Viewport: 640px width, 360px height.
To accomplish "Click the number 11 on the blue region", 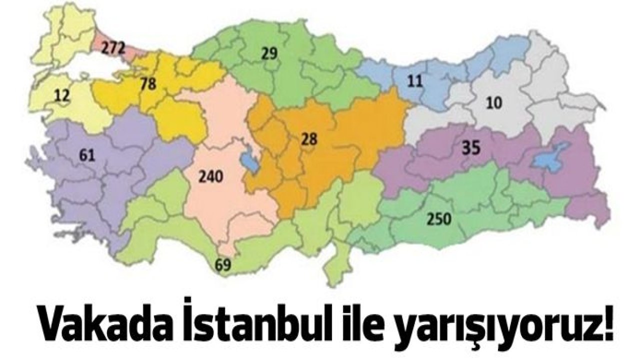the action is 414,82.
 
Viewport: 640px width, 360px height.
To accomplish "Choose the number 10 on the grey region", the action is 494,103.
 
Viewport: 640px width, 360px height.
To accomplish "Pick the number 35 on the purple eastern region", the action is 470,148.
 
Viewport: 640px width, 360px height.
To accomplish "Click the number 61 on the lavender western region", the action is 87,155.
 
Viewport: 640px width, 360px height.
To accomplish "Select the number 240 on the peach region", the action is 211,176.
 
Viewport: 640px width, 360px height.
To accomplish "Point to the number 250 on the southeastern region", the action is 439,218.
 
